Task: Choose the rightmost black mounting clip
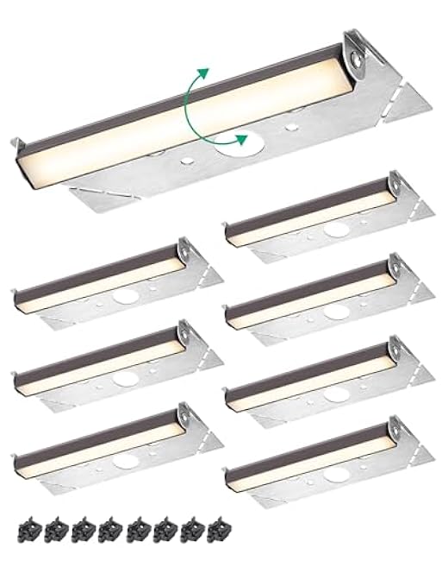coord(215,525)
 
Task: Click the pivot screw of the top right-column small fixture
coord(395,183)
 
